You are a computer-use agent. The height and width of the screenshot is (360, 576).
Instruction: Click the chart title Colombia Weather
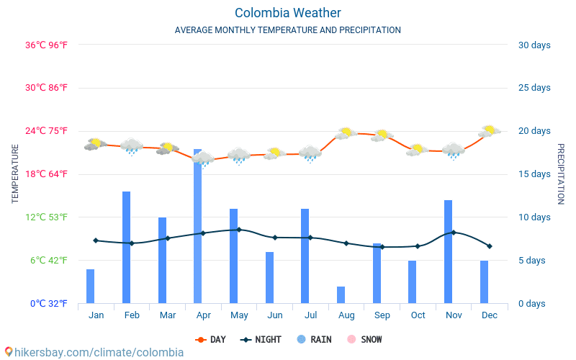point(287,13)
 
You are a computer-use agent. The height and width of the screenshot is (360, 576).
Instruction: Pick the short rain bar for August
point(341,294)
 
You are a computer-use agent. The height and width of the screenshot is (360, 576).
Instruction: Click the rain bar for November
point(448,251)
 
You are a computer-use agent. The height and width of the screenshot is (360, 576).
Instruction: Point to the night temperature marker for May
point(239,230)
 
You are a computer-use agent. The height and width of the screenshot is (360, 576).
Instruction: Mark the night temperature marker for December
point(489,246)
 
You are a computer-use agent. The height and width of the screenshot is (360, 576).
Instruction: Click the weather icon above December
point(490,131)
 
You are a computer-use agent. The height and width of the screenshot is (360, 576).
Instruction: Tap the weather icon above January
point(94,144)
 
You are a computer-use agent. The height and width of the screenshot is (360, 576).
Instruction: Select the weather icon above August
point(346,133)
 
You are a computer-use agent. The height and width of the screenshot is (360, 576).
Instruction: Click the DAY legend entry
point(212,339)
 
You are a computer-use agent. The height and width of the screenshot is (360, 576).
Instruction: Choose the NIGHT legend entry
point(261,339)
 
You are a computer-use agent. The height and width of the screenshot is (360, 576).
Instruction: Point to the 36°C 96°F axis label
point(46,45)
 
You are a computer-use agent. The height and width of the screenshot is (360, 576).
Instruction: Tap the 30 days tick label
point(534,45)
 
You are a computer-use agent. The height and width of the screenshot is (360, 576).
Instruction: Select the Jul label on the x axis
point(310,315)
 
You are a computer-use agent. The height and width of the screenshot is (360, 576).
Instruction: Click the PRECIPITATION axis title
point(560,174)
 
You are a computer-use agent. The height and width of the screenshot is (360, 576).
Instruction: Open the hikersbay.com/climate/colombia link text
point(94,352)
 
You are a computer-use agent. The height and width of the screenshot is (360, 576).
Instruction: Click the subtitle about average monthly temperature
point(287,30)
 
